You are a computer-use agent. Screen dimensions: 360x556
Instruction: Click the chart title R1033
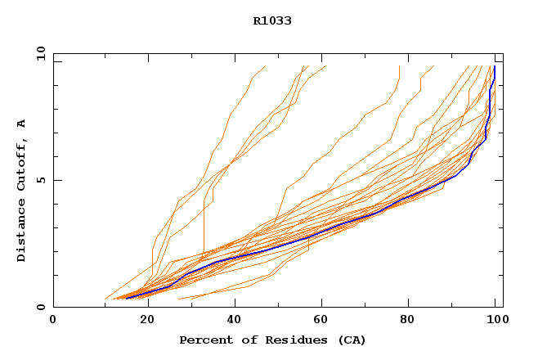point(272,21)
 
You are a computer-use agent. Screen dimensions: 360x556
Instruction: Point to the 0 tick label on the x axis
point(53,321)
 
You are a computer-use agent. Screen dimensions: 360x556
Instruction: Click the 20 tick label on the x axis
point(141,321)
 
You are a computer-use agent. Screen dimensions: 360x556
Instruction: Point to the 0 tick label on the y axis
point(39,308)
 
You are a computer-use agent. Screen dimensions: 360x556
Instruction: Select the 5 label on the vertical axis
point(39,180)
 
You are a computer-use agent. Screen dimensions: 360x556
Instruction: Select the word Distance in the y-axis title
point(22,232)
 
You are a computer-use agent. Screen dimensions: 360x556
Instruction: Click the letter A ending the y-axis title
point(22,124)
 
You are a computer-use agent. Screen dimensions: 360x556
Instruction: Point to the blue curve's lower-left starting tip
point(127,298)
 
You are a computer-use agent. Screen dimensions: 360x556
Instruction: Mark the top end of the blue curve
point(495,67)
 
